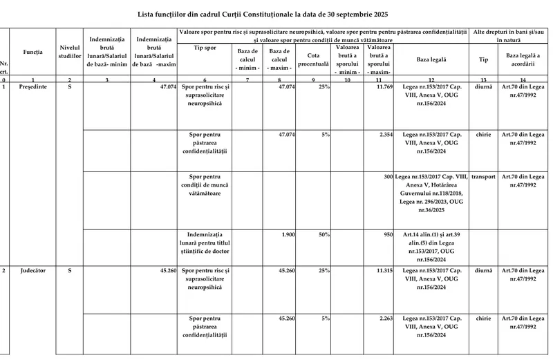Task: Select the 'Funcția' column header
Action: (x=32, y=52)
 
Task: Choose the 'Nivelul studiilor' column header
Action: (x=70, y=52)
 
